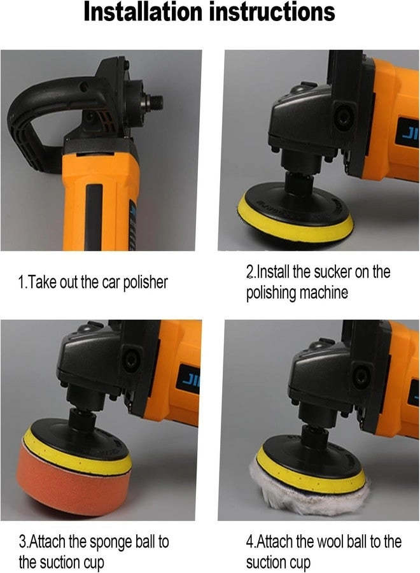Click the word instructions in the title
272,12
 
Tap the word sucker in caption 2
332,272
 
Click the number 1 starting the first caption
21,283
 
